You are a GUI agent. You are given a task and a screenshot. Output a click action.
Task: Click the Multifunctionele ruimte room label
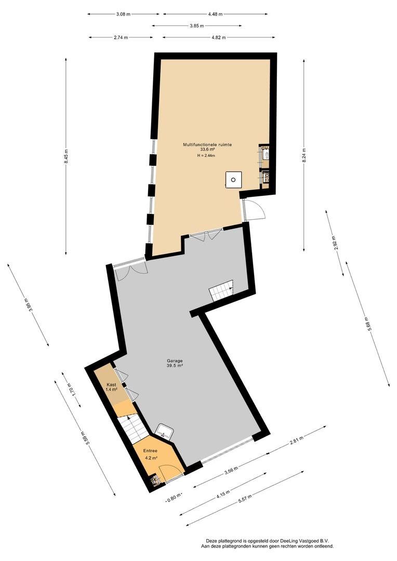[x=207, y=144]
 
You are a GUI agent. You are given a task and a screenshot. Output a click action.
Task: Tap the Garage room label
[x=175, y=360]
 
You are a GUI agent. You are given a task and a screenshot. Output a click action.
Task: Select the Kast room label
[x=111, y=384]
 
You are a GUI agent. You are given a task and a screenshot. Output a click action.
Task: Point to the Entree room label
[x=150, y=451]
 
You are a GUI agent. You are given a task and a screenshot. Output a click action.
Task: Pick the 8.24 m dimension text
[x=305, y=156]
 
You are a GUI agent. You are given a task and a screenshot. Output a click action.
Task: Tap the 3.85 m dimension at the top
[x=197, y=26]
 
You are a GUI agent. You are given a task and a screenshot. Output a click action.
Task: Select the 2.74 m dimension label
[x=121, y=37]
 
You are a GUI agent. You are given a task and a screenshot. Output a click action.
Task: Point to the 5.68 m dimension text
[x=366, y=324]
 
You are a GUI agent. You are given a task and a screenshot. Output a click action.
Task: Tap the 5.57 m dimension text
[x=246, y=498]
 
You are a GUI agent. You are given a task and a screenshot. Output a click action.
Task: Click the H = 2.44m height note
[x=206, y=155]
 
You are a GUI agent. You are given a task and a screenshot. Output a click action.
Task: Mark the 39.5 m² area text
[x=175, y=366]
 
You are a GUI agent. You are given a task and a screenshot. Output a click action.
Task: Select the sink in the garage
[x=165, y=431]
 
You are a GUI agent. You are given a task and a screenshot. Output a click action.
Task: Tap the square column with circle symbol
[x=233, y=180]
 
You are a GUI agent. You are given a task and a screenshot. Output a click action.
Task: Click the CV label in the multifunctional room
[x=265, y=148]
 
